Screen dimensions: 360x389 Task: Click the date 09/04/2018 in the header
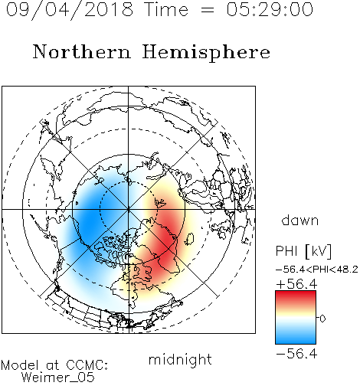pos(70,10)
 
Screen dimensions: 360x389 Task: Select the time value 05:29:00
pos(270,9)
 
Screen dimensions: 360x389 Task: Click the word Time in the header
pos(166,9)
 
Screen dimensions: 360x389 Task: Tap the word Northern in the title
pos(82,51)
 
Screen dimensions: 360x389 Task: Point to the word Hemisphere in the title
pos(206,53)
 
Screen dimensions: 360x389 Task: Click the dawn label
pos(300,220)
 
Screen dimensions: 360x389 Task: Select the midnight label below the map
pos(180,359)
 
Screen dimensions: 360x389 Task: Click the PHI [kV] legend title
pos(303,251)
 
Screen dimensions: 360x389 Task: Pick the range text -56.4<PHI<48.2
pos(317,270)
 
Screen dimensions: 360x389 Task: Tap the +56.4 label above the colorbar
pos(296,284)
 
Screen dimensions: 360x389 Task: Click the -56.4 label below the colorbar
pos(296,354)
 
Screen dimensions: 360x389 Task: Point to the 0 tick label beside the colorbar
pos(322,319)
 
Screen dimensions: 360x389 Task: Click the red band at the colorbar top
pos(296,296)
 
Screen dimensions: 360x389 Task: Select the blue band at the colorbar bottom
pos(296,338)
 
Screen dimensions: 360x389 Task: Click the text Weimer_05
pos(58,378)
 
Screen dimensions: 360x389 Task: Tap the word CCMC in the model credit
pos(86,365)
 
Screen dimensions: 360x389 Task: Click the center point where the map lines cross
pos(129,210)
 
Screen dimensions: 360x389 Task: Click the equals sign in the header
pos(208,10)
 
